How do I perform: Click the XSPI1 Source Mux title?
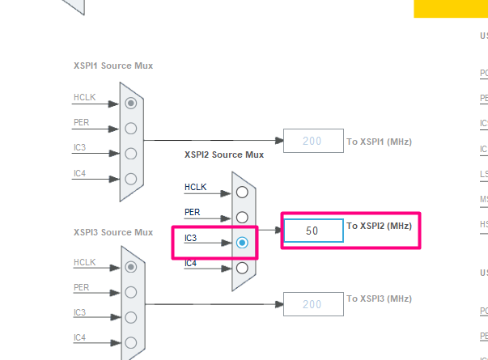(x=112, y=66)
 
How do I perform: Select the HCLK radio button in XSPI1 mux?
(x=131, y=103)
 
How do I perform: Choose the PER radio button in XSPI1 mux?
(x=131, y=128)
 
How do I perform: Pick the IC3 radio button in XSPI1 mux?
(x=131, y=153)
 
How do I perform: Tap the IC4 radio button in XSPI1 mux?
(x=131, y=178)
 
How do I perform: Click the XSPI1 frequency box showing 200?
(x=312, y=142)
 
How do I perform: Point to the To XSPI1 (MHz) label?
(x=379, y=142)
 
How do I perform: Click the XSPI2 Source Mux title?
(x=224, y=155)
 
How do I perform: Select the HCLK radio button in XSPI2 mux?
(x=242, y=192)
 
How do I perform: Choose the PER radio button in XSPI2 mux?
(x=242, y=217)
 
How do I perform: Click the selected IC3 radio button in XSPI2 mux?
(x=242, y=242)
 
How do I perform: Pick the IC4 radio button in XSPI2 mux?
(x=242, y=267)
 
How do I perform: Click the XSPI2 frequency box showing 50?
(x=312, y=231)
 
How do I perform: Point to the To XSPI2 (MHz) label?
(x=379, y=226)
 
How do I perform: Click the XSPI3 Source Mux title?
(x=112, y=232)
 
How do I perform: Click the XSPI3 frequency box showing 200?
(x=312, y=304)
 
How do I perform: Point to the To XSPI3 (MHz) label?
(x=379, y=299)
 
